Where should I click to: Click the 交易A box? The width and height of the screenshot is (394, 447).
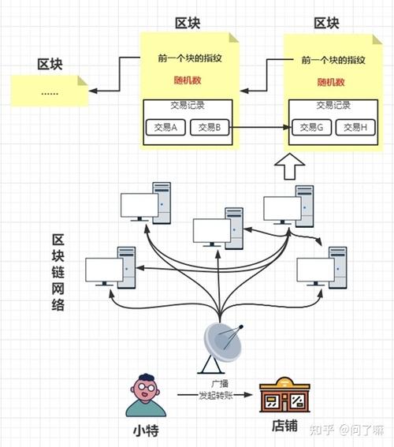click(x=165, y=127)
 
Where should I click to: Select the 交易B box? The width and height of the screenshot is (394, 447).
click(x=210, y=127)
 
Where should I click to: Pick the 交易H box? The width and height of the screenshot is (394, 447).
click(x=354, y=127)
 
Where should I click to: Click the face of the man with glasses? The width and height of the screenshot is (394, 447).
click(x=143, y=389)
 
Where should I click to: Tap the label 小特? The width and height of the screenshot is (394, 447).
click(x=143, y=430)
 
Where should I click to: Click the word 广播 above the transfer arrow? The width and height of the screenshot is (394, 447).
click(x=214, y=382)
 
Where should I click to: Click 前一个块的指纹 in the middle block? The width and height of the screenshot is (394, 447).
click(x=188, y=59)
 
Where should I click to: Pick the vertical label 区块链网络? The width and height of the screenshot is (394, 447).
click(x=58, y=273)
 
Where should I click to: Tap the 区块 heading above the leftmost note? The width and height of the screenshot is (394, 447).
click(x=50, y=63)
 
